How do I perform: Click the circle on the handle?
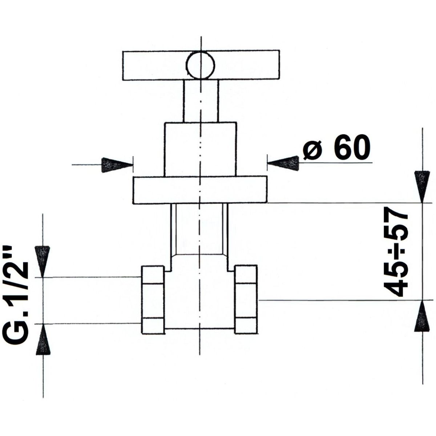(x=200, y=65)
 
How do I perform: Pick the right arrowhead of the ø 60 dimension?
(x=283, y=163)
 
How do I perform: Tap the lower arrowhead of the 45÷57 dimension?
(x=422, y=316)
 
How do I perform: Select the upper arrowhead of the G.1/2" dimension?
(x=42, y=261)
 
